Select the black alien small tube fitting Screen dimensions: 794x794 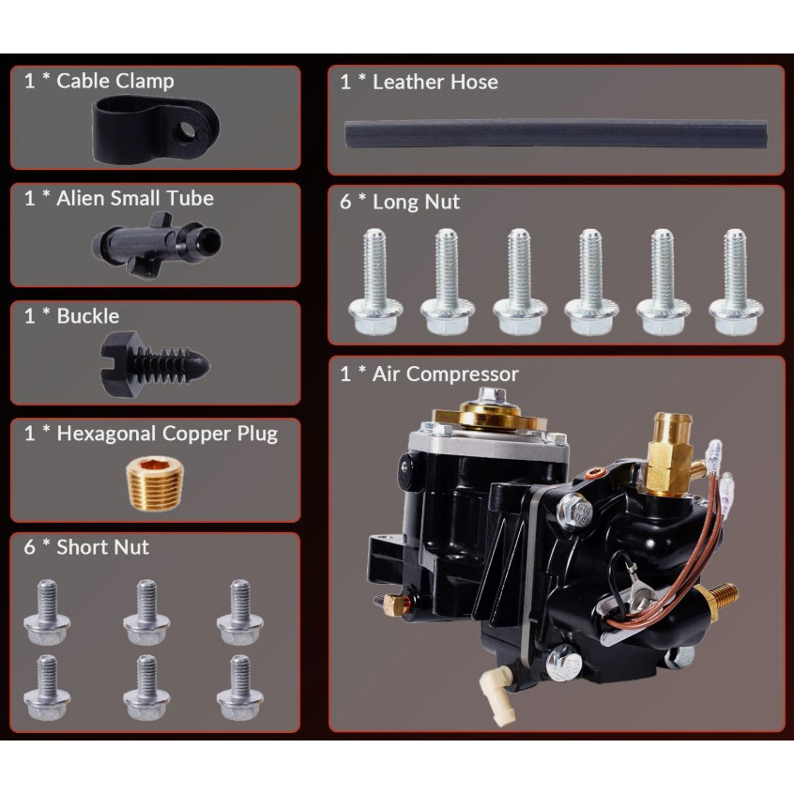click(x=156, y=244)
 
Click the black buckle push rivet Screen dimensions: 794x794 click(x=155, y=364)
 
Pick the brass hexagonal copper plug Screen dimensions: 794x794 click(x=155, y=484)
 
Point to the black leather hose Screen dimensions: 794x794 click(x=556, y=133)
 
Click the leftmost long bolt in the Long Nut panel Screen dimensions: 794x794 click(x=375, y=282)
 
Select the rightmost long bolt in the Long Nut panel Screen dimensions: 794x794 click(x=736, y=282)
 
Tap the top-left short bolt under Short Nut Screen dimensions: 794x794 click(x=47, y=612)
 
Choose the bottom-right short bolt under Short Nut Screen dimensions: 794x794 click(x=240, y=687)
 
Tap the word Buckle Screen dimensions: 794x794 click(x=88, y=316)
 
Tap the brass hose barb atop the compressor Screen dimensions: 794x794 click(x=670, y=452)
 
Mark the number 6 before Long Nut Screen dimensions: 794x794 click(x=345, y=202)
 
